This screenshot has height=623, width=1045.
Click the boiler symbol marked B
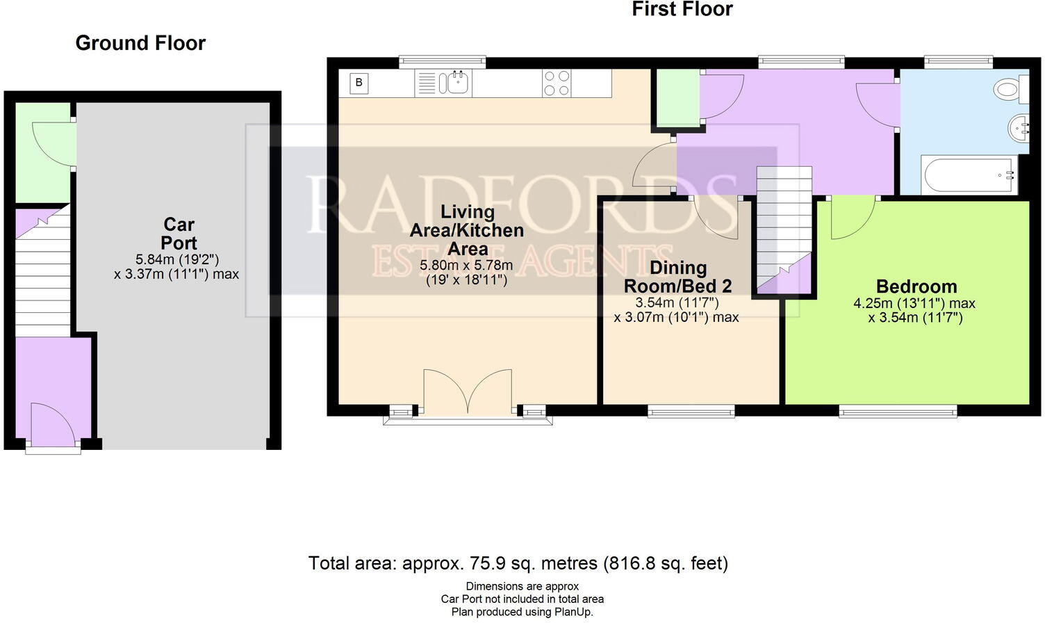pyautogui.click(x=359, y=83)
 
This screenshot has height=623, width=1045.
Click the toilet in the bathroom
pyautogui.click(x=1011, y=89)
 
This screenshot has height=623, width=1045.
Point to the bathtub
pyautogui.click(x=969, y=175)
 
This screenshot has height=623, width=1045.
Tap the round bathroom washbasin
pyautogui.click(x=1019, y=128)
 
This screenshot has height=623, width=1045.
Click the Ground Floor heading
pyautogui.click(x=140, y=43)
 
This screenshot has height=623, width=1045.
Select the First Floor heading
pyautogui.click(x=682, y=9)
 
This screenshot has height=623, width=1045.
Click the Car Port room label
pyautogui.click(x=179, y=234)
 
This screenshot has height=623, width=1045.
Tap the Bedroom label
pyautogui.click(x=916, y=286)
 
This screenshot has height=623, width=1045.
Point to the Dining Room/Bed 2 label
pyautogui.click(x=678, y=277)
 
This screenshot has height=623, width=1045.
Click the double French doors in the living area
pyautogui.click(x=468, y=391)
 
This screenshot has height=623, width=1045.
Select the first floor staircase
pyautogui.click(x=784, y=229)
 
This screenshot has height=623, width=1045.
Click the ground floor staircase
pyautogui.click(x=43, y=271)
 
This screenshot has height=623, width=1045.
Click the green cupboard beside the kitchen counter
pyautogui.click(x=678, y=97)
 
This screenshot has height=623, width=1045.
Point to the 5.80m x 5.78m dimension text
pyautogui.click(x=466, y=266)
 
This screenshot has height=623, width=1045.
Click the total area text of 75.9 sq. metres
pyautogui.click(x=518, y=563)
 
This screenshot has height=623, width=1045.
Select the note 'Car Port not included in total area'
pyautogui.click(x=522, y=599)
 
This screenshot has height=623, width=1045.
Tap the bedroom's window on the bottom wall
pyautogui.click(x=898, y=411)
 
